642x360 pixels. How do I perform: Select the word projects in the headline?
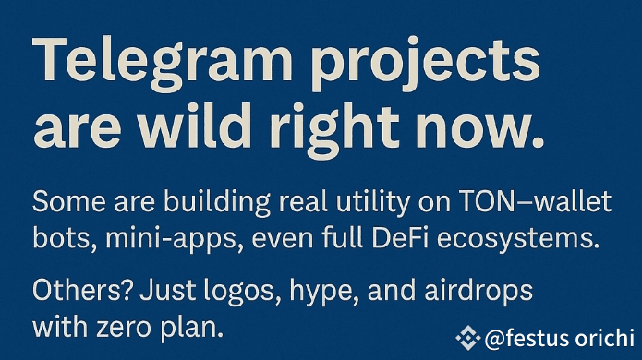426,64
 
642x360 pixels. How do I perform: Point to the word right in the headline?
335,128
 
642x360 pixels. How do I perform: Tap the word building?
216,203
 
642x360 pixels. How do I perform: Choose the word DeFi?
400,237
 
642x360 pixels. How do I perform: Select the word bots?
65,238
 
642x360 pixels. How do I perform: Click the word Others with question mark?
83,290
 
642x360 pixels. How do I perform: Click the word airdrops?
478,292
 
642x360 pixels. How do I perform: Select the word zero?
124,329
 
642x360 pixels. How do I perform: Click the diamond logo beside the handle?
468,338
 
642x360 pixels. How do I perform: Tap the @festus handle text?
560,339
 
